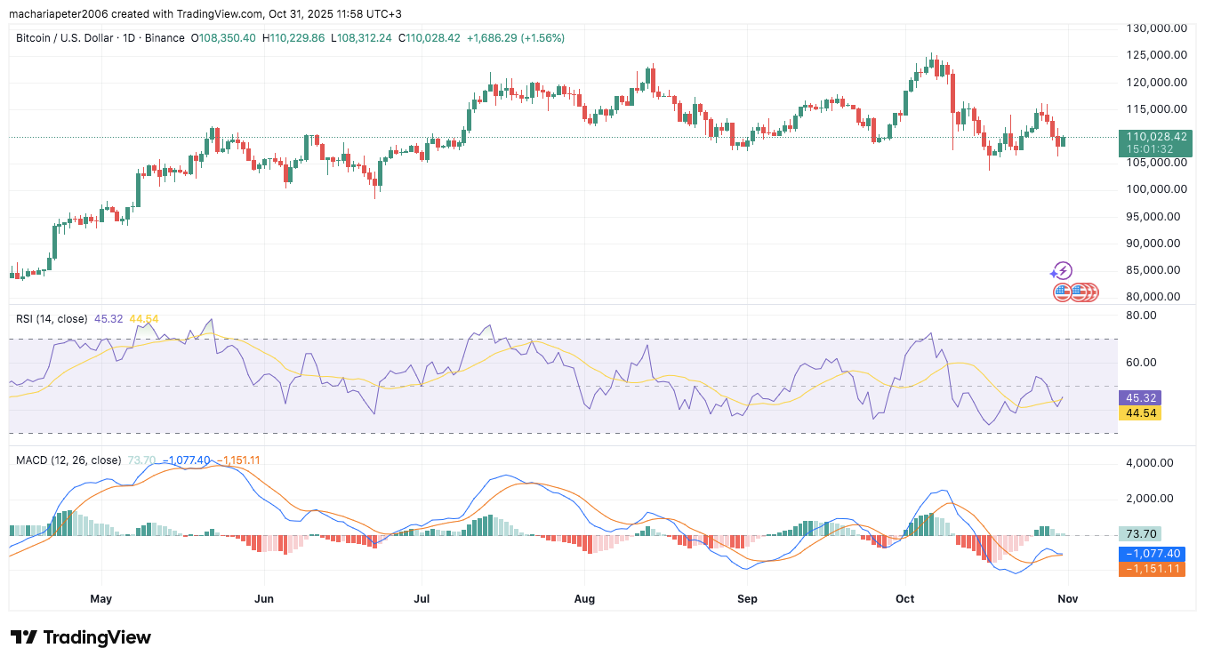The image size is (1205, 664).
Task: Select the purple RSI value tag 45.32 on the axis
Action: click(1141, 398)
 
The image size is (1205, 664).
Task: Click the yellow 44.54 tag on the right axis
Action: click(1141, 413)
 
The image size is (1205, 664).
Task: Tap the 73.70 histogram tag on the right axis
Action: click(1141, 534)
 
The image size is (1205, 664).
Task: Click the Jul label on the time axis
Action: click(422, 599)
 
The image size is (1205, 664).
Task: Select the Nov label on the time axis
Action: click(1067, 599)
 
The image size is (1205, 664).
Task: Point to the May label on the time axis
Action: click(100, 599)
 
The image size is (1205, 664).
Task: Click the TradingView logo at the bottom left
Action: click(81, 637)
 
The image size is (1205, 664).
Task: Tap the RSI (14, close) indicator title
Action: click(52, 318)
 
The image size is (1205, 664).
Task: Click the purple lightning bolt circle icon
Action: click(1062, 271)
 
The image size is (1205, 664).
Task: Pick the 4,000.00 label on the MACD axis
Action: click(1153, 463)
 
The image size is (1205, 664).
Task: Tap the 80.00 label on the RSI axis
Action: click(1142, 315)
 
